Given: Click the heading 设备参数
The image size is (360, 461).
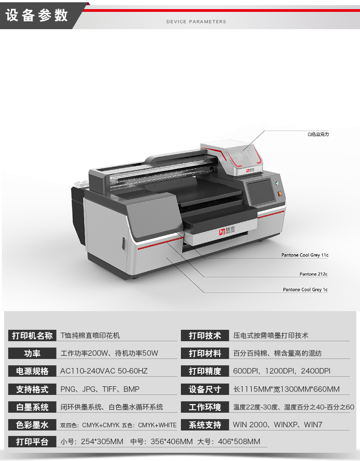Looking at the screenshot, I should coord(37,15).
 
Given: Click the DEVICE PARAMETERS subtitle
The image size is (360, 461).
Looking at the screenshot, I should coord(196,21).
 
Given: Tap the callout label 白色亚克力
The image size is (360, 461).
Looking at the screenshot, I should coord(318,134).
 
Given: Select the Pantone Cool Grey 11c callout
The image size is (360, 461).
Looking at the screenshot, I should coord(304,255).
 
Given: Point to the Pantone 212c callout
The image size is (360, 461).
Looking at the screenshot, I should coord(314,274).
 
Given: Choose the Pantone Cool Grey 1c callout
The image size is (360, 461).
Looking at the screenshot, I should coord(305,289).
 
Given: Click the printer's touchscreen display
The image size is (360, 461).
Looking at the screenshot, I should coord(261,192).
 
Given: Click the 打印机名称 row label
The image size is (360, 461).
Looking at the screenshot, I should coord(32,335).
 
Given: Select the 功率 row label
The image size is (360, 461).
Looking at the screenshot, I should coord(32,353).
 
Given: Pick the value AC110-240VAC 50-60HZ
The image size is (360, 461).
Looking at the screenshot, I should coord(104,371).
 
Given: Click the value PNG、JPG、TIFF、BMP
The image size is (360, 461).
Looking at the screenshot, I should coord(100,389).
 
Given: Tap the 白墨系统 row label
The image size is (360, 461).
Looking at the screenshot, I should coord(32,407).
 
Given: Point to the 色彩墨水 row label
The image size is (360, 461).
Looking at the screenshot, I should coord(32,425).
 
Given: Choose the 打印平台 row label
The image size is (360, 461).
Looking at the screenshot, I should coord(32,441).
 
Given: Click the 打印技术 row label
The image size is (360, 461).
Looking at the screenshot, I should coord(205,335).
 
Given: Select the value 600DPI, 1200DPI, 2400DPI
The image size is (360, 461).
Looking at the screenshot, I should coord(282,371).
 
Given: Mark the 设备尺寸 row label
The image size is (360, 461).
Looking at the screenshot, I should coord(205,389).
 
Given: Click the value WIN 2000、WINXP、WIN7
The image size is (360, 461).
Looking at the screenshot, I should coord(278,425).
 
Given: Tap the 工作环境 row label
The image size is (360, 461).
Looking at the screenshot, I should coord(205,407).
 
